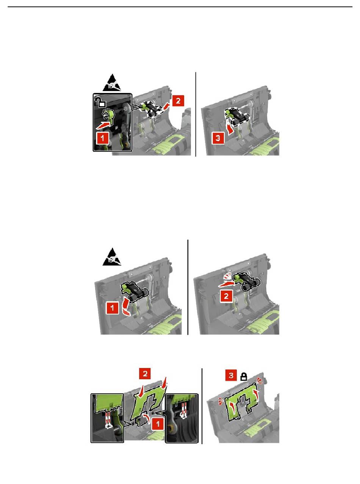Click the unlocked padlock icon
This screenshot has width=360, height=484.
100,102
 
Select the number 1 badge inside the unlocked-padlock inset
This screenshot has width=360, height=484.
102,138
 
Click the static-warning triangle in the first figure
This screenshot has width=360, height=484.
112,83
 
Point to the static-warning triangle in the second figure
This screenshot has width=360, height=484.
112,257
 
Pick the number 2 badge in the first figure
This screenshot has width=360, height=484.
178,101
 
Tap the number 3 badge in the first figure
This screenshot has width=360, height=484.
218,138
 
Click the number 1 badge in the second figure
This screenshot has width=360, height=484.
112,308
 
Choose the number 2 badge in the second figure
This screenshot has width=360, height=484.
226,296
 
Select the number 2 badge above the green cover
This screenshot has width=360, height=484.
145,374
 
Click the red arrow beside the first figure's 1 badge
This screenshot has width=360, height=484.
103,125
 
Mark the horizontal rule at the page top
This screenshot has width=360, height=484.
180,7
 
